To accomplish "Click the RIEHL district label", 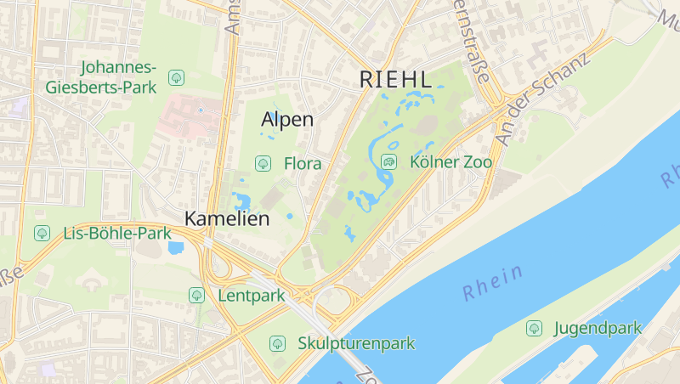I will [x=396, y=79].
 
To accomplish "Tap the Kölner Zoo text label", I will [x=450, y=161].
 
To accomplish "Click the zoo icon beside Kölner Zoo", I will [x=388, y=161].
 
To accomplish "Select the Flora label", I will [x=303, y=163].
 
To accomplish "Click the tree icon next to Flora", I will [x=263, y=163].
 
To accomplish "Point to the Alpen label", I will [x=287, y=120].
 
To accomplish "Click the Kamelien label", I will [x=227, y=218].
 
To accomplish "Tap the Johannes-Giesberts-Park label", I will [x=118, y=76].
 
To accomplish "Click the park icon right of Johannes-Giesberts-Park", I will [x=176, y=77].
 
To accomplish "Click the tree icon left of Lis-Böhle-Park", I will [x=41, y=232].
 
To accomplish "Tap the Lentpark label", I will [x=251, y=296].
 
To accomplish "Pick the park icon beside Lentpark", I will [x=196, y=296].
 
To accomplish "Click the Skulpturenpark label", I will [x=356, y=343].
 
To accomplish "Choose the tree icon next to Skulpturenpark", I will [x=276, y=343].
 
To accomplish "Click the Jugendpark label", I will [x=598, y=327].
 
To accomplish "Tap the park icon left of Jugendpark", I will [x=534, y=327].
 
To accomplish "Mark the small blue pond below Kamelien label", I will [x=177, y=248].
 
